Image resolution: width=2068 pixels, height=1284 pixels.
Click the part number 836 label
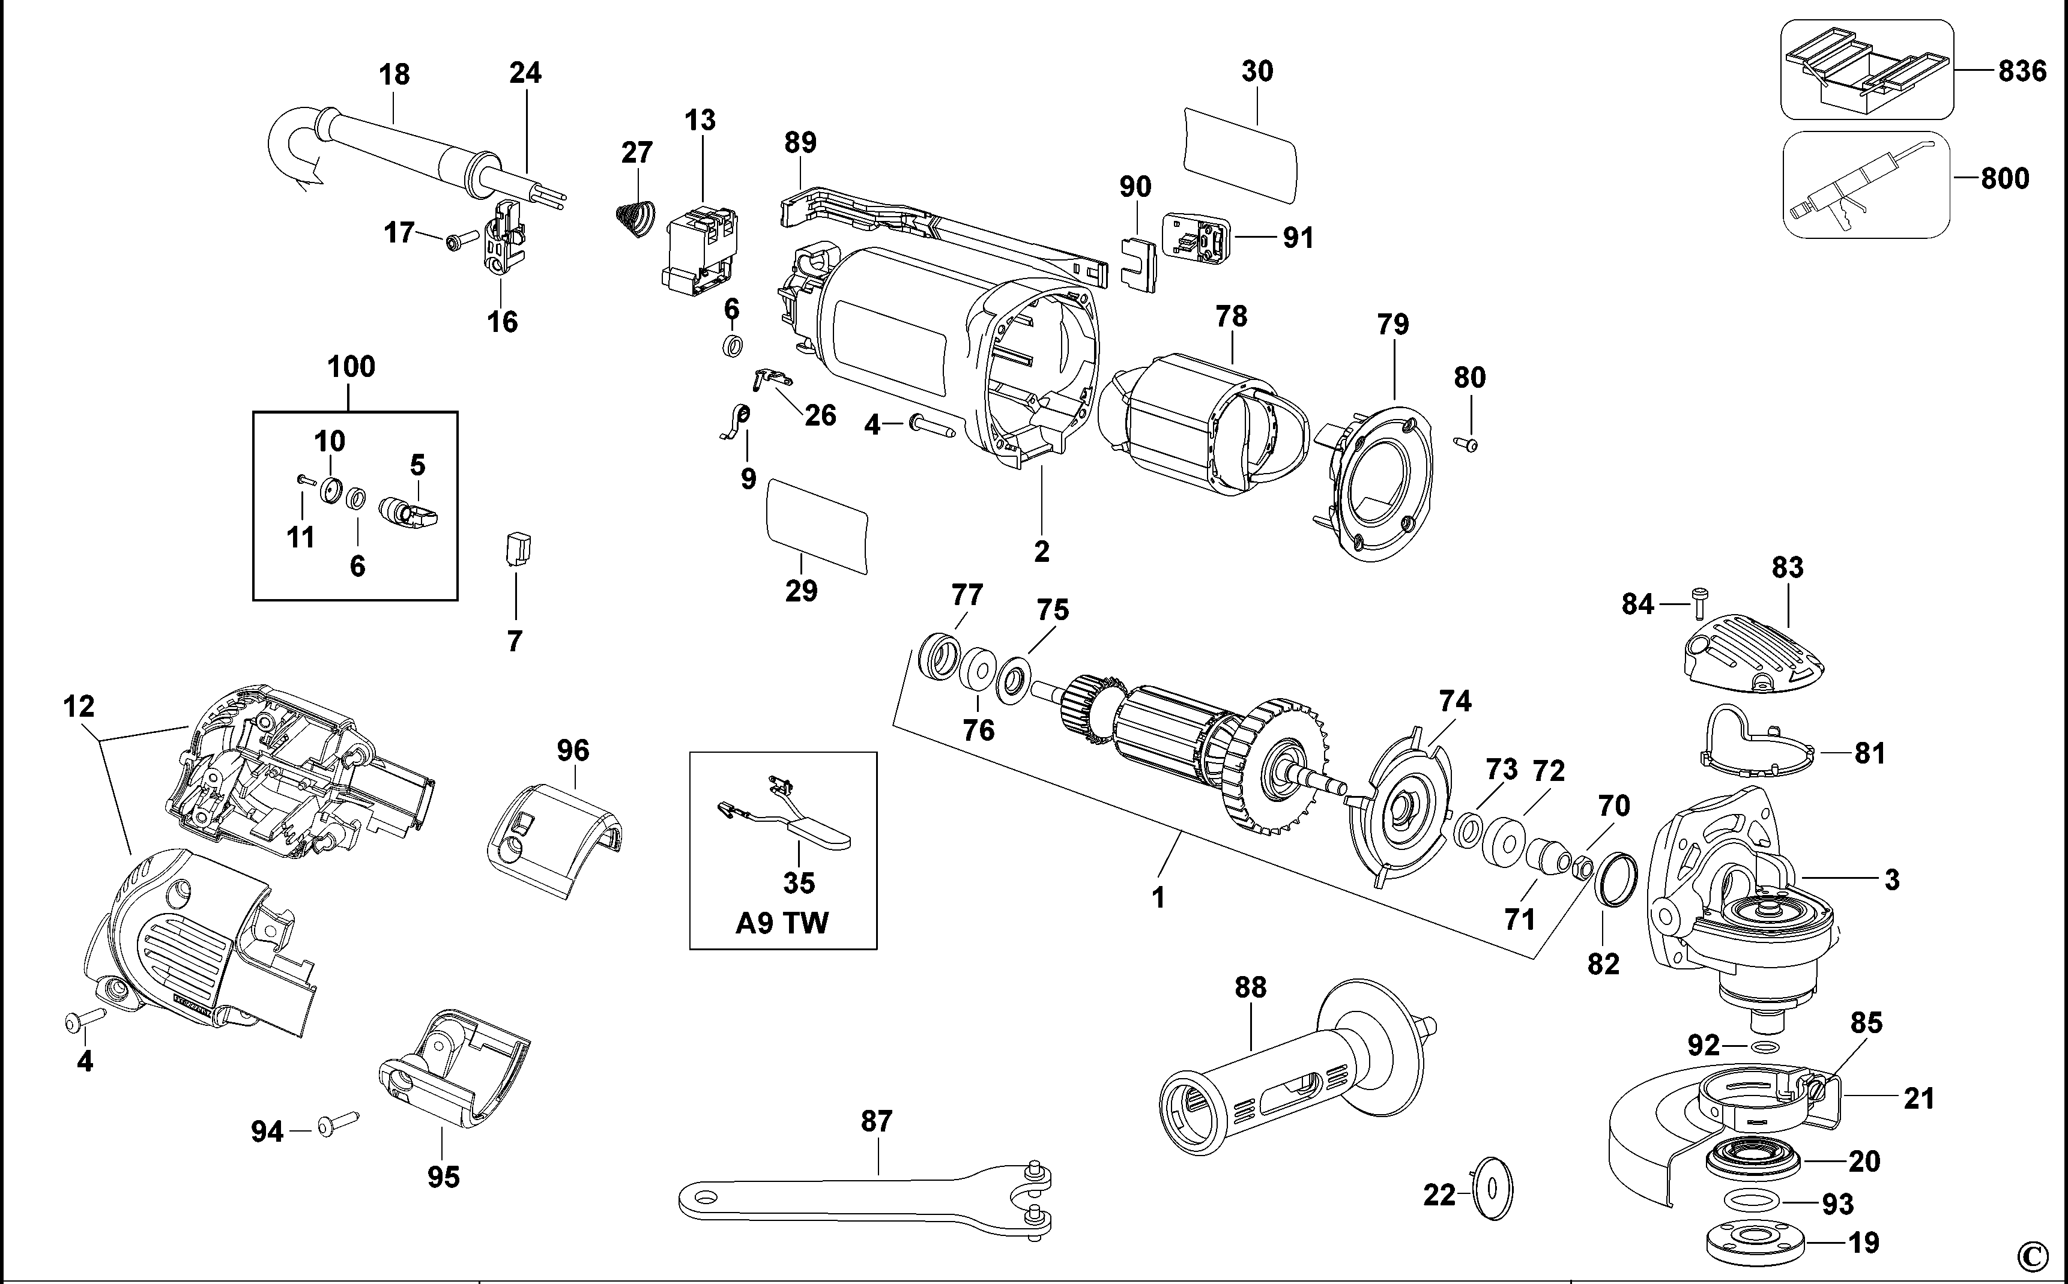2022,70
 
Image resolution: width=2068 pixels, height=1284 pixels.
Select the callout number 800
2004,178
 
